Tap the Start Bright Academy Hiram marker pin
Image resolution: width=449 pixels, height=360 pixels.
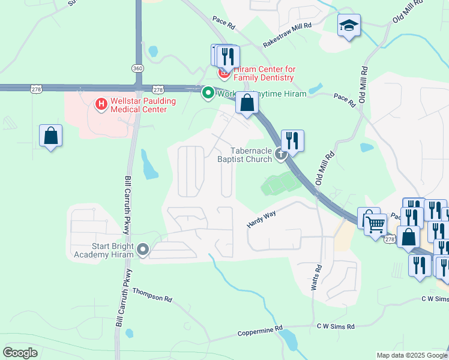coord(143,249)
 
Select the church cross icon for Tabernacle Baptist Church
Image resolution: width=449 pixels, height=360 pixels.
coord(280,155)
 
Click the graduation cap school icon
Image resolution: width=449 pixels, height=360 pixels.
coord(349,26)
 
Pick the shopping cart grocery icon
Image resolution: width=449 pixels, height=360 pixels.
coord(375,226)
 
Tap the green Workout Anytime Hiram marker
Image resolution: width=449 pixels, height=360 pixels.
coord(208,93)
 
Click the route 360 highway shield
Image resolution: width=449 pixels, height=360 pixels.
coord(138,68)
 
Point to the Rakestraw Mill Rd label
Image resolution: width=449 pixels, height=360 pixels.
coord(288,35)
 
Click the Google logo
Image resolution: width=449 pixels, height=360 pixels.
coord(20,353)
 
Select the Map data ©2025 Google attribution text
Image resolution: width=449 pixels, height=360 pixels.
coord(412,355)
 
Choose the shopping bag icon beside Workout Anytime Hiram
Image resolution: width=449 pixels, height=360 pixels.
coord(247,103)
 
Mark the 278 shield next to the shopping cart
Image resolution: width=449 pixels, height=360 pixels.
coord(390,239)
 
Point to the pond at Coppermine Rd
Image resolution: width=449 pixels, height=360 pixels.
coord(289,340)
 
